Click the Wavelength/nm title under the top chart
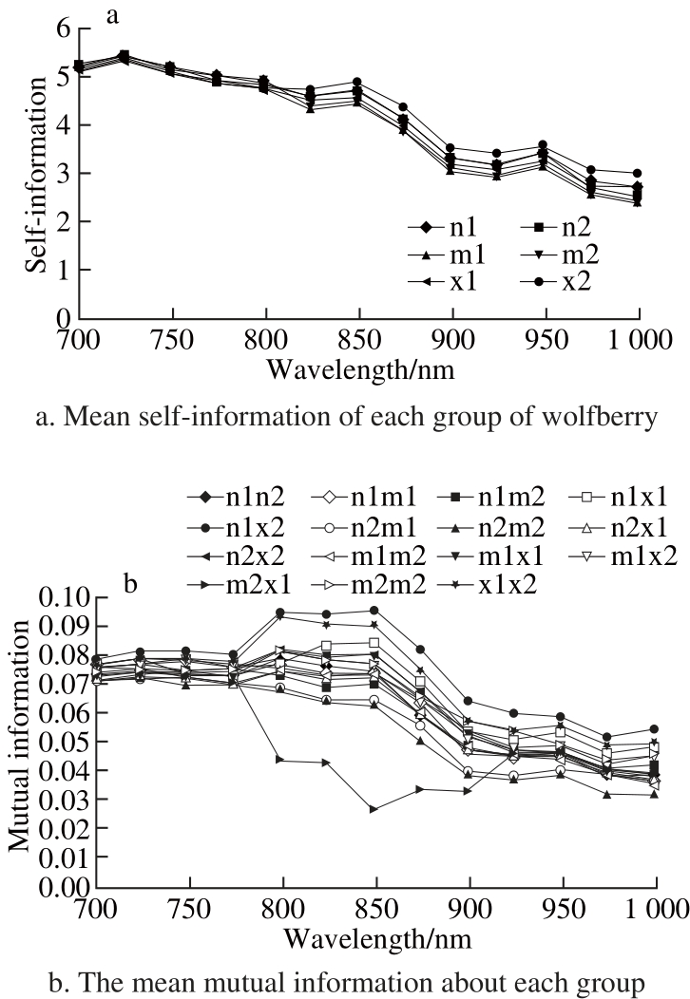click(358, 368)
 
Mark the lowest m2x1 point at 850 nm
click(374, 809)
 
